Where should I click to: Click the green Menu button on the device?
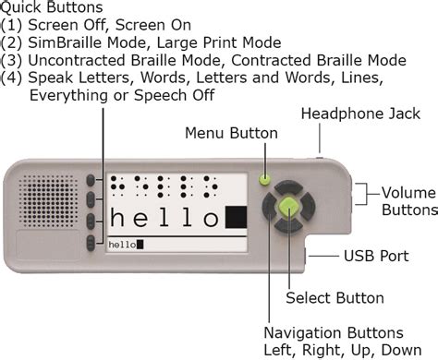coord(264,179)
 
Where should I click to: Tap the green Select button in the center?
coord(288,206)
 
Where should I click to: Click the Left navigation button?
coord(269,207)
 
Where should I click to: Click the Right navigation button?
coord(308,206)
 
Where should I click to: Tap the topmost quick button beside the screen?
coord(91,181)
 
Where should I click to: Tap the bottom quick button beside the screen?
coord(91,243)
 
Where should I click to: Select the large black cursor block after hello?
coord(237,217)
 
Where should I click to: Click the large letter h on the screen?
coord(117,217)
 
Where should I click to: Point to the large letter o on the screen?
coord(211,220)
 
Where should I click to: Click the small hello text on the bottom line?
coord(122,245)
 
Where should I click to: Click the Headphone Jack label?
coord(360,114)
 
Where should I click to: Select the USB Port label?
coord(376,256)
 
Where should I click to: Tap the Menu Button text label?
coord(231,133)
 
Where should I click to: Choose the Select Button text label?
coord(335,298)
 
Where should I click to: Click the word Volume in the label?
coord(408,193)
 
